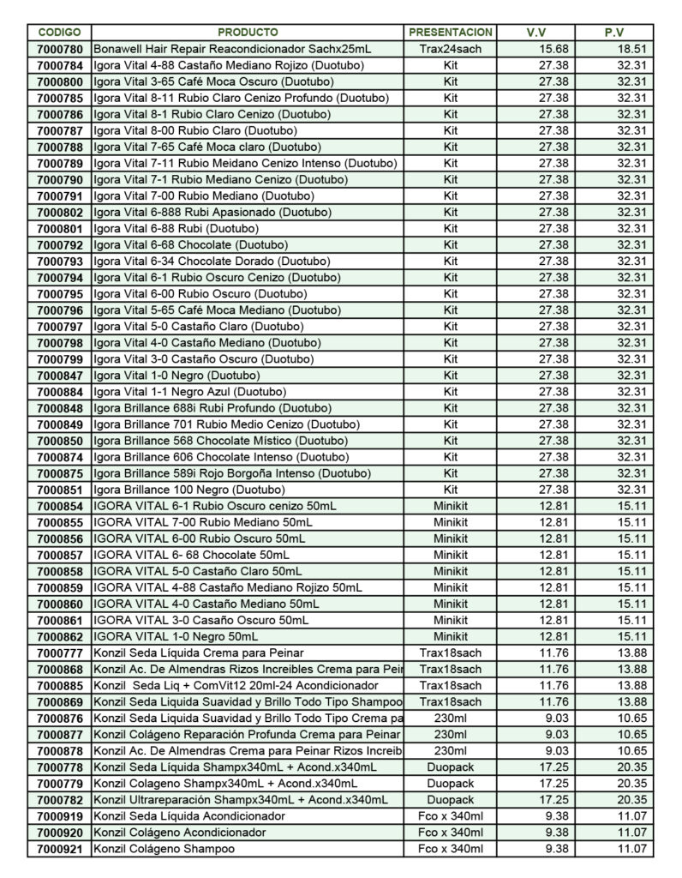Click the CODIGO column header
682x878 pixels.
tap(59, 32)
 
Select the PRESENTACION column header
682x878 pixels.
tap(451, 32)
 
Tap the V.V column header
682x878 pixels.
tap(536, 32)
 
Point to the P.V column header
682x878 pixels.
tap(613, 32)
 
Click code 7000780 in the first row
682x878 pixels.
tap(60, 49)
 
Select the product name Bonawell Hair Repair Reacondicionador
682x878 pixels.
tap(231, 49)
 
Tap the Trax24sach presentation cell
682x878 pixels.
tap(451, 49)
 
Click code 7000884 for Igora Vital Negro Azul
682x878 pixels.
tap(60, 391)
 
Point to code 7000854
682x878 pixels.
tap(60, 505)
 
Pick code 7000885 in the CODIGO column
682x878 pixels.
tap(60, 685)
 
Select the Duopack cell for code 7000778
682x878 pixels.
tap(451, 767)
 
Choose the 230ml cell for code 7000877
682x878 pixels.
tap(451, 734)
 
